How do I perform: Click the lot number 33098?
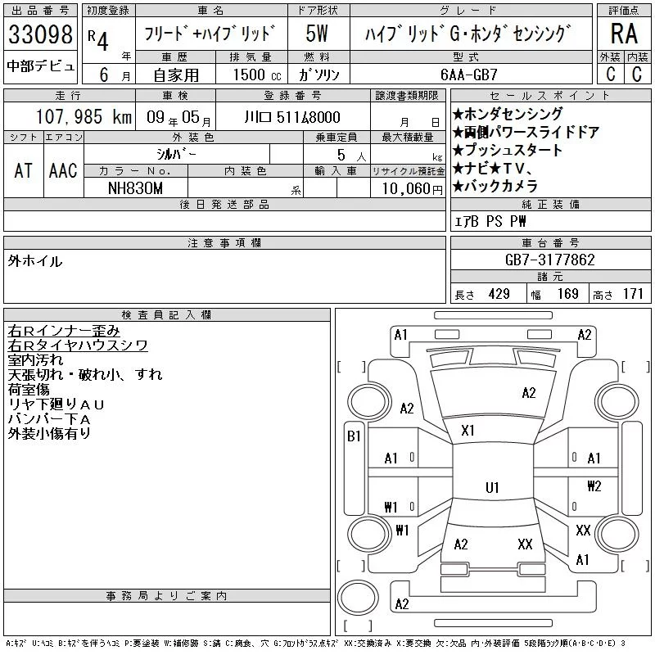click(x=40, y=34)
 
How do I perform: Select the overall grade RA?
click(x=624, y=34)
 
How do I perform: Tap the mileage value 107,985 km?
click(x=84, y=116)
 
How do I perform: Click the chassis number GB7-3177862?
click(x=549, y=260)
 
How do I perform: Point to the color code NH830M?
click(x=135, y=188)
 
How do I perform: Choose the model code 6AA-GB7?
click(x=468, y=75)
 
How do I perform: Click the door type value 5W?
click(x=317, y=34)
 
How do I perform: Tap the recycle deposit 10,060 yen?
click(x=412, y=189)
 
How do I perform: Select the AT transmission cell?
click(x=24, y=170)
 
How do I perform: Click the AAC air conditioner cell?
click(x=63, y=170)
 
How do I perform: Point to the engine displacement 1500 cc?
click(x=257, y=75)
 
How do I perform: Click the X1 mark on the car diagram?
click(x=468, y=431)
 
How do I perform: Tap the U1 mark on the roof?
click(x=492, y=487)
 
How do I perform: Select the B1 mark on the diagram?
click(x=354, y=436)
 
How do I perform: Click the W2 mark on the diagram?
click(x=594, y=486)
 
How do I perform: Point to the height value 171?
click(x=633, y=294)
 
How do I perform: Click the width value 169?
click(x=567, y=294)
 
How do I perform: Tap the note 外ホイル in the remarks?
click(x=35, y=261)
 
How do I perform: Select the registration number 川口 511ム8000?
click(x=292, y=117)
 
